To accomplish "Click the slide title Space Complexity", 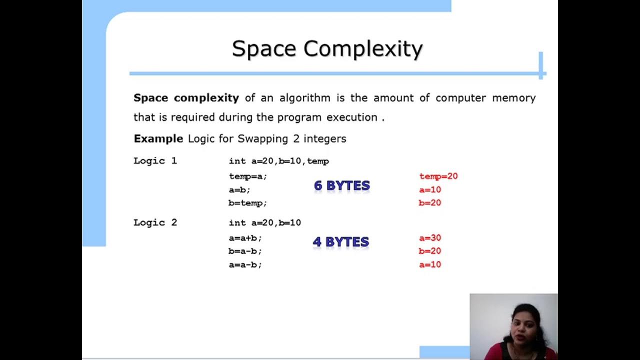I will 327,49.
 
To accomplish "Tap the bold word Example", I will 158,138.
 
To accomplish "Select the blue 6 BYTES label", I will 342,185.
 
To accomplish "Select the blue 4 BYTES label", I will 341,242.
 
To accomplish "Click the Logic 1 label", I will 155,161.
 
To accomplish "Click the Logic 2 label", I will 155,222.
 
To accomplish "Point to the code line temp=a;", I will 248,176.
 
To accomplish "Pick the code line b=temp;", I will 248,203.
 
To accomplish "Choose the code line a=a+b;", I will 245,238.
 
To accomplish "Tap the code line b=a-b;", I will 245,251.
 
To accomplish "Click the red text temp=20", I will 438,176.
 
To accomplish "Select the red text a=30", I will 430,238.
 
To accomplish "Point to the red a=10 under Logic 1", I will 430,189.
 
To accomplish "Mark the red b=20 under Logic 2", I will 430,251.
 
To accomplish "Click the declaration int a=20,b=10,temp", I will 278,161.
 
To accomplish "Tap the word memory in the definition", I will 513,98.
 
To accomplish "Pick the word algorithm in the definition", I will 304,98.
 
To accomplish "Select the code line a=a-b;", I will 245,264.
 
